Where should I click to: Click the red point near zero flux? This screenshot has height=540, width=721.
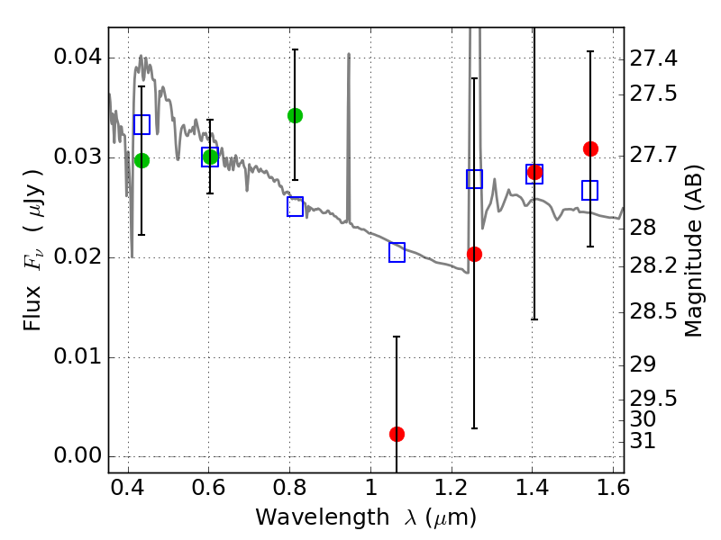(397, 434)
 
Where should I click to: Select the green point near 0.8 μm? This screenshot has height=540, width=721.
(295, 116)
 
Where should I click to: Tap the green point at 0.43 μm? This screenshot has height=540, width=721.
(141, 161)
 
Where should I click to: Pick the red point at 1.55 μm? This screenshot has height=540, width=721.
(590, 148)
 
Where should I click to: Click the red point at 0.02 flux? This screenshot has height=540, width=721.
(474, 254)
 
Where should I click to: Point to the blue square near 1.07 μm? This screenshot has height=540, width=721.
(397, 252)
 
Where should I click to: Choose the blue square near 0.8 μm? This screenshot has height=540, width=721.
(295, 207)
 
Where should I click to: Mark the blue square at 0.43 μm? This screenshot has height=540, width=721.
(141, 124)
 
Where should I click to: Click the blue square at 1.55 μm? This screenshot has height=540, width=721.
(589, 190)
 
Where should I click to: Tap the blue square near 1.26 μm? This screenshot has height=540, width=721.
(474, 178)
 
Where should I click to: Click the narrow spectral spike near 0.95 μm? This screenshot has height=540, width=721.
(349, 138)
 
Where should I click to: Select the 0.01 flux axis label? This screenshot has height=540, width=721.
(78, 356)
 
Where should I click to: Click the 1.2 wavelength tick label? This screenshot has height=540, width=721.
(452, 488)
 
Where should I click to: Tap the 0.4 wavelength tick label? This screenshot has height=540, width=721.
(127, 488)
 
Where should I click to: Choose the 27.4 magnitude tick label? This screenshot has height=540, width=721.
(653, 58)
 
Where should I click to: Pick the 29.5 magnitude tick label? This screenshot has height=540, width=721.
(653, 399)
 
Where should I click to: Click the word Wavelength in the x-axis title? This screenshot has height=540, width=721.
(323, 517)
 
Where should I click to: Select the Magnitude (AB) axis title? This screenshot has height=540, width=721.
(693, 251)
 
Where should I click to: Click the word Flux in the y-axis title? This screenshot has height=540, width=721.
(32, 308)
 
